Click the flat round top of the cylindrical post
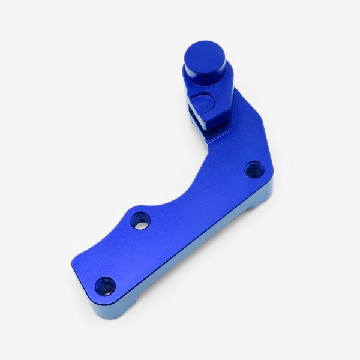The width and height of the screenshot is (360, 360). tap(205, 55)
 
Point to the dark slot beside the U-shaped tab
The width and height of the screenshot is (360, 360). tap(193, 111)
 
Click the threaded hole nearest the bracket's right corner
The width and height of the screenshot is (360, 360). tap(254, 170)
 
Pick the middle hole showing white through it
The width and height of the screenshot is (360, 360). tap(140, 221)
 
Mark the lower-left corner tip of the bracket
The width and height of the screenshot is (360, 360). tap(74, 277)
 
